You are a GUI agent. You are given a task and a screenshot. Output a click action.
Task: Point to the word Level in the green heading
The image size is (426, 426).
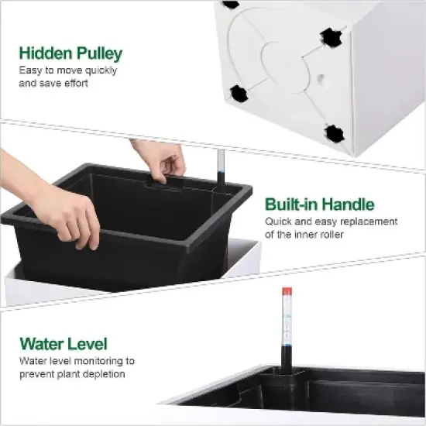click(86, 344)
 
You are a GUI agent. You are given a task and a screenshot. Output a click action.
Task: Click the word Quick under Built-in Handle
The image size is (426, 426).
click(279, 222)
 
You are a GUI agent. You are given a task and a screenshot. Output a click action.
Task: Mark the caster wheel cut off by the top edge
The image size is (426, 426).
click(230, 4)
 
